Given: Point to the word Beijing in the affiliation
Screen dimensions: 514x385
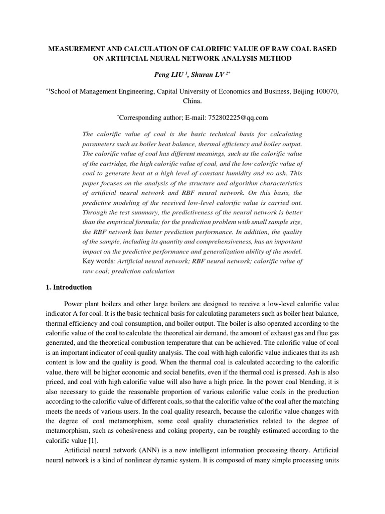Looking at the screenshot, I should pyautogui.click(x=290, y=91).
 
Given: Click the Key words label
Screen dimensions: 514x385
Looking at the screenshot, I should pyautogui.click(x=96, y=261).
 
